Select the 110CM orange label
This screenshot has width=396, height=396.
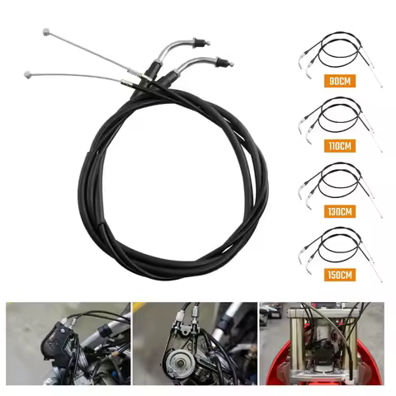(335, 146)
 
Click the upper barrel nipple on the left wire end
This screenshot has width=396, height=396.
(45, 31)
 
